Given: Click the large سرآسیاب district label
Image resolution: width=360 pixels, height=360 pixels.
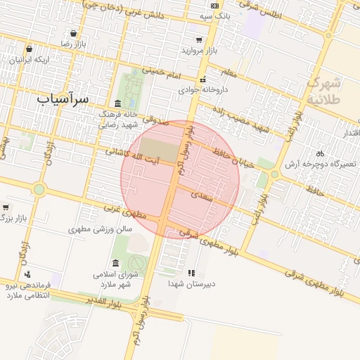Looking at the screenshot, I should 63,98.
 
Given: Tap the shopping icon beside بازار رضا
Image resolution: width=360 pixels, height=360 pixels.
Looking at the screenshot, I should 74,33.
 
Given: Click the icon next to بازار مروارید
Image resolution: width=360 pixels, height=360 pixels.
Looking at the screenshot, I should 199,40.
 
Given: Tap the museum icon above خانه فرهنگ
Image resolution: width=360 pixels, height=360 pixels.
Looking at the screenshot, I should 117,103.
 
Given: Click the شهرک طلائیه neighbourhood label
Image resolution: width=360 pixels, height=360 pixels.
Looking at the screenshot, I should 324,91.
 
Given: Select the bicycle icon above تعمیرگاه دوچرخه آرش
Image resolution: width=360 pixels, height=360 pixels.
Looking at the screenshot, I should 320,153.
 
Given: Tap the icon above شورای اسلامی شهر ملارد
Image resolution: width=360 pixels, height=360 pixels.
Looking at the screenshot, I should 115,263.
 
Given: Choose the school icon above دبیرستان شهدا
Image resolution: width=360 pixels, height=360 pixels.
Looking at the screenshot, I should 191,272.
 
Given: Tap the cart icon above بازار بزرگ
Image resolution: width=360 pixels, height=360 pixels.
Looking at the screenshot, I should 6,207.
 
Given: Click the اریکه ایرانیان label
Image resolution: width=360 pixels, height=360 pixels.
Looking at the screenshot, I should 29,60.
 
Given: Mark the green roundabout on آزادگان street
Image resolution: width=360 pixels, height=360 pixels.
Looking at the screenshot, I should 39,189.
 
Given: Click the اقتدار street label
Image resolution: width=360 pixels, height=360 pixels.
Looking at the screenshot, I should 349,132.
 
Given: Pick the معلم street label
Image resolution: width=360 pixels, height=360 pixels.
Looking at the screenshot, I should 229,72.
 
